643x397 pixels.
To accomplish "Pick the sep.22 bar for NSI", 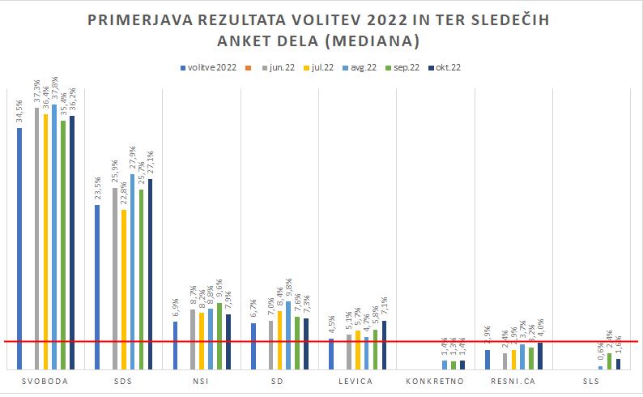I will click(219, 336).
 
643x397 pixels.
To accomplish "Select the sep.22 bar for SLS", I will click(609, 361).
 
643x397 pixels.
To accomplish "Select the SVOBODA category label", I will click(45, 380).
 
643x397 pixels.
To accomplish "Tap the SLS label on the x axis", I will click(590, 380).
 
